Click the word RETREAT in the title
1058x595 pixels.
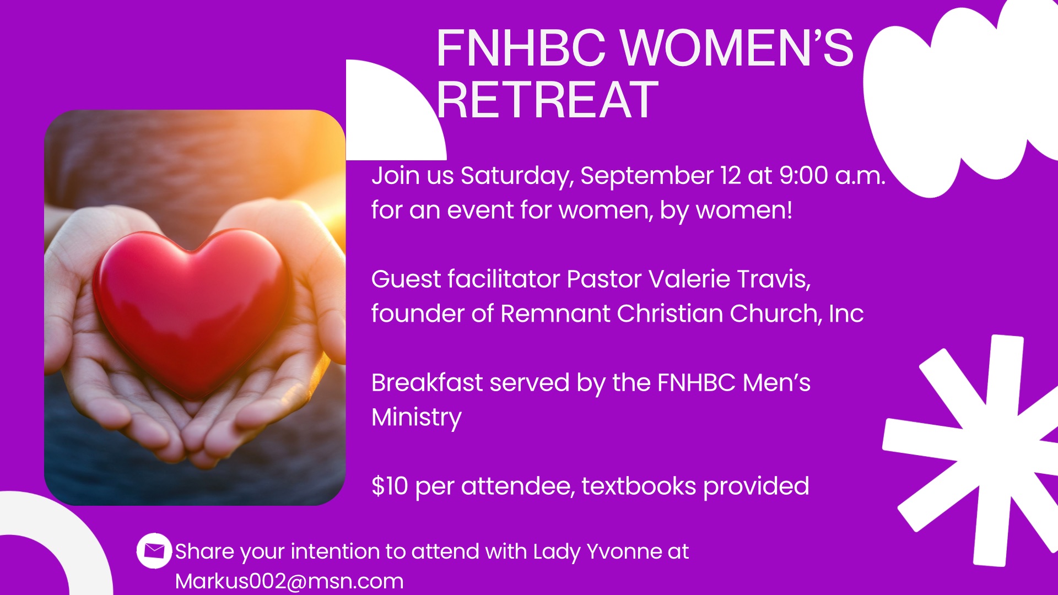pyautogui.click(x=547, y=100)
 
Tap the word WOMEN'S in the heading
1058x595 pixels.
pyautogui.click(x=738, y=48)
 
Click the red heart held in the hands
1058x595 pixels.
pyautogui.click(x=192, y=312)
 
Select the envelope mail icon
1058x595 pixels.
pyautogui.click(x=154, y=550)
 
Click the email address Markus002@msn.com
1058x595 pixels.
pyautogui.click(x=289, y=581)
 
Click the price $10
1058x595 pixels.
pyautogui.click(x=390, y=486)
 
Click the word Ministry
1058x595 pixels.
pyautogui.click(x=417, y=418)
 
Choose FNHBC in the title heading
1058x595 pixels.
pyautogui.click(x=521, y=48)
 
